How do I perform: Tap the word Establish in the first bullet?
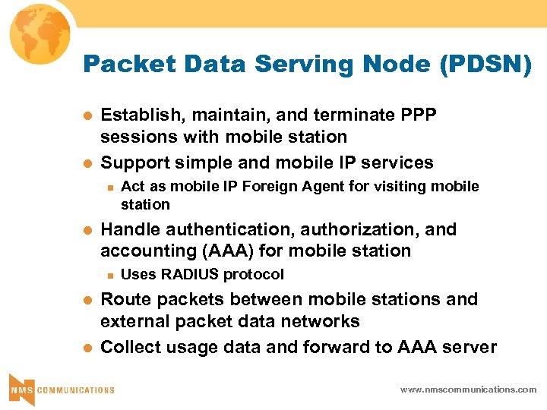[142, 115]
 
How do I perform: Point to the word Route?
[123, 299]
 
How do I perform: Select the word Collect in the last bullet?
[129, 347]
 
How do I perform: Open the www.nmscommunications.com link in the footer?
[469, 389]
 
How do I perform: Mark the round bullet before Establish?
[87, 115]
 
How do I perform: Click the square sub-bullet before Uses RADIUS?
[110, 275]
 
